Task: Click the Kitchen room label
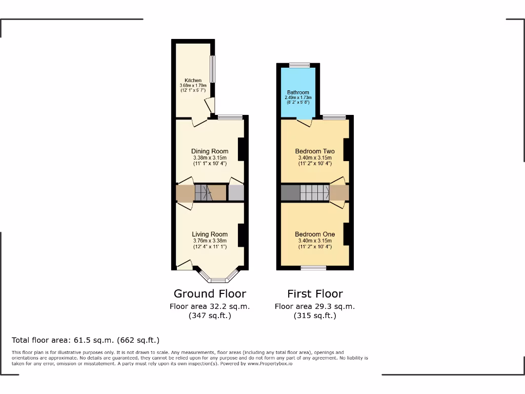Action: pos(193,81)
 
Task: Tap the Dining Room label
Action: pos(210,151)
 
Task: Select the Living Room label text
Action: pos(210,234)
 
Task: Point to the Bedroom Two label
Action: pos(315,151)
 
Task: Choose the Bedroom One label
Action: pos(315,234)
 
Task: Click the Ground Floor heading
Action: pos(210,294)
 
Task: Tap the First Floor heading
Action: pos(315,294)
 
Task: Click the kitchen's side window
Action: pos(212,69)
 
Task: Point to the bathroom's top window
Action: pos(299,65)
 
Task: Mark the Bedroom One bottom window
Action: pos(313,267)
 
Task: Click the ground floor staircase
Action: pos(204,193)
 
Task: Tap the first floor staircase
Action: pos(314,193)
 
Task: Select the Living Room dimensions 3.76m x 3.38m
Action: pos(210,241)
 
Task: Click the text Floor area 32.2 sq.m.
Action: pos(210,306)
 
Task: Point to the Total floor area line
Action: pos(86,340)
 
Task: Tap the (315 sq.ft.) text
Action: pos(315,316)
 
